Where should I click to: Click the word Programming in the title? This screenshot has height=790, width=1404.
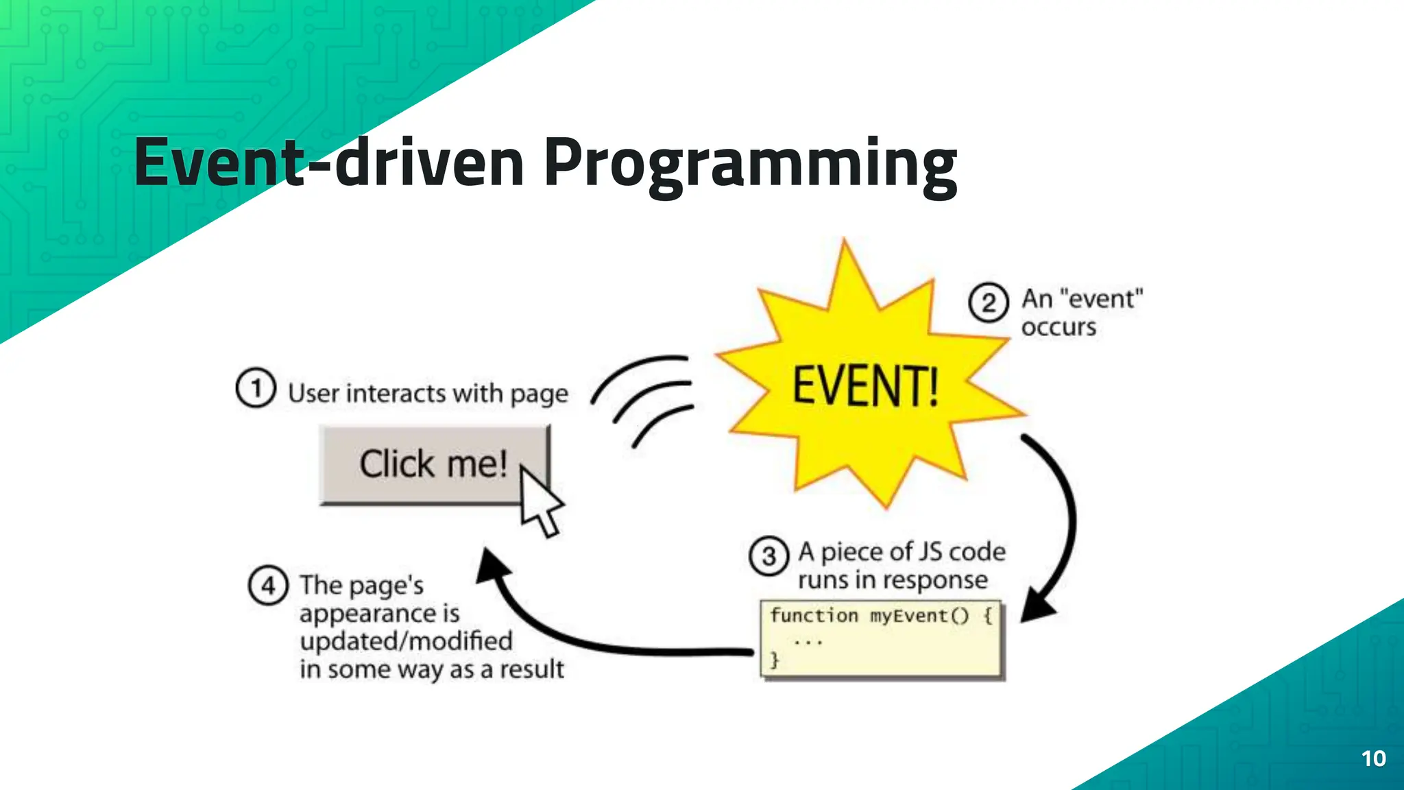tap(751, 165)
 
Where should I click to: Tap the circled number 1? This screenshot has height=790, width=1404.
tap(256, 388)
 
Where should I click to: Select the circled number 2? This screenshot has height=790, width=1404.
tap(988, 302)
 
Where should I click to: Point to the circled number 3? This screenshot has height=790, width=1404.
tap(769, 556)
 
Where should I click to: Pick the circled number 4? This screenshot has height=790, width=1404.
tap(267, 586)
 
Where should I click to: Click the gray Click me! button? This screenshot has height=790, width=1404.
tap(425, 465)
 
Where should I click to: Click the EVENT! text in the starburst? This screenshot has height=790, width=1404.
tap(865, 386)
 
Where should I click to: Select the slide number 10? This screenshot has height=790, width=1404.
tap(1373, 758)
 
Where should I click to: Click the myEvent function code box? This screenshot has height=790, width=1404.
tap(882, 638)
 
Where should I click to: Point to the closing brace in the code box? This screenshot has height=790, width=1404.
tap(775, 660)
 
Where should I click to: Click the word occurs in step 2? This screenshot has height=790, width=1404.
tap(1058, 328)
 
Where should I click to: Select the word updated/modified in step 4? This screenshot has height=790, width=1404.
tap(406, 641)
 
